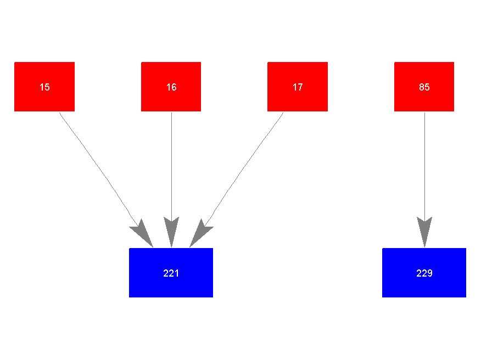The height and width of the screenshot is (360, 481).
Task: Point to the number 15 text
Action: pyautogui.click(x=44, y=87)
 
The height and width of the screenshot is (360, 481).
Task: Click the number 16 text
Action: pyautogui.click(x=171, y=87)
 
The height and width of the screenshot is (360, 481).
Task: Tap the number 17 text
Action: pyautogui.click(x=298, y=87)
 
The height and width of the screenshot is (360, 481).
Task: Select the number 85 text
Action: pyautogui.click(x=424, y=87)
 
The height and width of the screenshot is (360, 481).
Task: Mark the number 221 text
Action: pyautogui.click(x=171, y=273)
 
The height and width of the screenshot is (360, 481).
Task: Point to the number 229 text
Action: pyautogui.click(x=424, y=273)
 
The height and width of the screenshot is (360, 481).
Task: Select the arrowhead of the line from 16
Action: pyautogui.click(x=171, y=232)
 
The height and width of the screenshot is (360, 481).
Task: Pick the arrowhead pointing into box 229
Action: pyautogui.click(x=424, y=232)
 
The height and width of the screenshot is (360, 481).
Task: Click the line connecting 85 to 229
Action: pyautogui.click(x=424, y=165)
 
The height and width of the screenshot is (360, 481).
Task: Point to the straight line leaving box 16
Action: pyautogui.click(x=171, y=165)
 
